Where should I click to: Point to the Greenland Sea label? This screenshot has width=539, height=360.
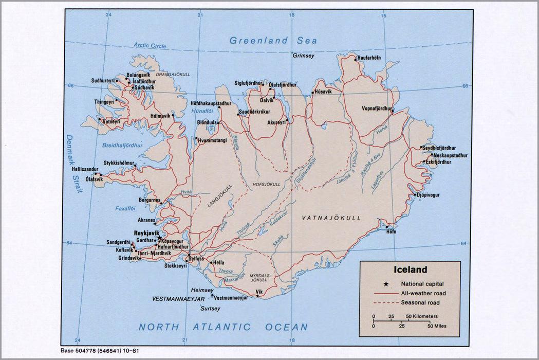click(x=273, y=40)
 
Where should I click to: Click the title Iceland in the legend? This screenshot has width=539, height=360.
click(x=410, y=269)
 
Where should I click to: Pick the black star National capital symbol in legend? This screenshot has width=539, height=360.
click(x=386, y=283)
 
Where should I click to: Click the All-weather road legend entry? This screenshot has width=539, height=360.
click(x=423, y=293)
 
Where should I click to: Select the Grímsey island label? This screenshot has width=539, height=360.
click(x=303, y=56)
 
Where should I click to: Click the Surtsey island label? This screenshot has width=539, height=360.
click(x=210, y=309)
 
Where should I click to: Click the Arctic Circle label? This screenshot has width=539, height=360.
click(x=150, y=46)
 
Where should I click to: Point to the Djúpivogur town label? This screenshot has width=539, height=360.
click(x=429, y=195)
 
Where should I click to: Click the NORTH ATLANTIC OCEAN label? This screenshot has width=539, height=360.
click(x=223, y=327)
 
